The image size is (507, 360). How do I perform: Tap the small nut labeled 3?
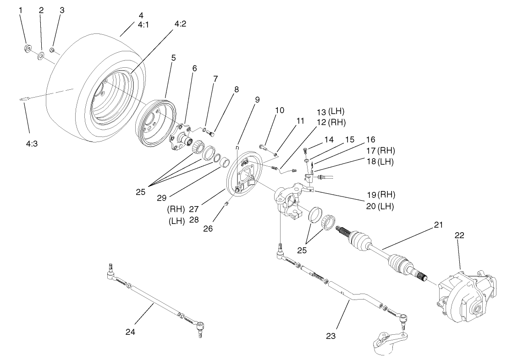coord(53,49)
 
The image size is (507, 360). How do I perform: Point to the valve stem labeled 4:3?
coord(26,99)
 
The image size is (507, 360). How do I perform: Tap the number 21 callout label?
coord(439,225)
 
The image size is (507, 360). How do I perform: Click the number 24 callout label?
coord(131,331)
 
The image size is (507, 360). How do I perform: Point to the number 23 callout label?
coord(331,336)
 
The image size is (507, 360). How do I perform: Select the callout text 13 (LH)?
coord(330,111)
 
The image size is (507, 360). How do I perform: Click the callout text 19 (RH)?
coord(380,194)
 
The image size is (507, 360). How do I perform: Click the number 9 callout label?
coord(257,100)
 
